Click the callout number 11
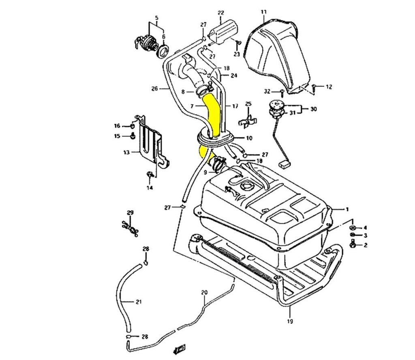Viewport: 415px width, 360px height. (x=264, y=13)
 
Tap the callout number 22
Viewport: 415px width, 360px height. (x=221, y=13)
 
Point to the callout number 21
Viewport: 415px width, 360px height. (x=139, y=302)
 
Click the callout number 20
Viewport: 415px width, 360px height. (x=204, y=292)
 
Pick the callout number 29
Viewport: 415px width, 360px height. (x=130, y=212)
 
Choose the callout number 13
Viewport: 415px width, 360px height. (x=126, y=152)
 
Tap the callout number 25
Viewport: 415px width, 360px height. (x=248, y=104)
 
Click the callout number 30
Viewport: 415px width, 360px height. (x=314, y=109)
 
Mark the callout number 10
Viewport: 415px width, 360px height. (x=249, y=138)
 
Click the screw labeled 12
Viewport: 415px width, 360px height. (x=315, y=86)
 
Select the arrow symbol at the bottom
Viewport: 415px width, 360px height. (x=178, y=348)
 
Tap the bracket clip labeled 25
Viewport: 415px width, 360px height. (x=249, y=119)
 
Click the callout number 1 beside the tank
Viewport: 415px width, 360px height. (x=347, y=209)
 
